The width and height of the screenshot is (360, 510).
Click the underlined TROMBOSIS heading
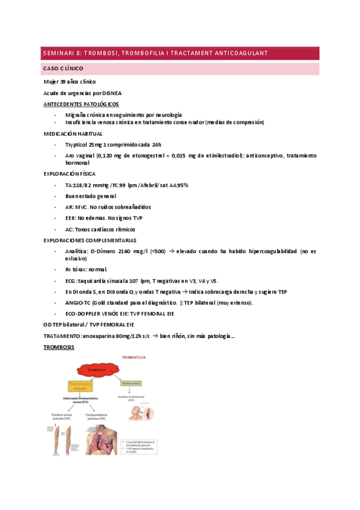[59, 347]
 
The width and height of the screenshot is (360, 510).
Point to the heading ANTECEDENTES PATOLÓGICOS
[81, 103]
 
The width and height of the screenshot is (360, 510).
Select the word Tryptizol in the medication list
[76, 144]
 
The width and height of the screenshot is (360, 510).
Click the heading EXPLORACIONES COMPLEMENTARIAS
[90, 240]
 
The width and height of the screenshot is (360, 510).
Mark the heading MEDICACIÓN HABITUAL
[73, 134]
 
